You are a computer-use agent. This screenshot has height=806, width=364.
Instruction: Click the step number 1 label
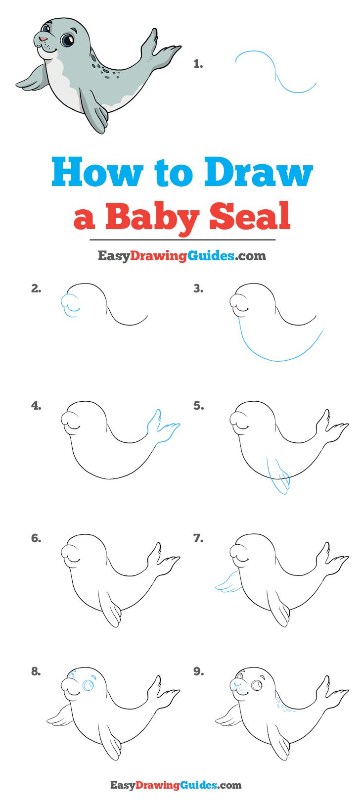[198, 64]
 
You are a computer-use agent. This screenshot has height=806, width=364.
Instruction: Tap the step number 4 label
[36, 406]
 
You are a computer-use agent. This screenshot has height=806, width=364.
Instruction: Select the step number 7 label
[198, 539]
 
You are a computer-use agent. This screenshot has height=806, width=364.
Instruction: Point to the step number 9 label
[198, 671]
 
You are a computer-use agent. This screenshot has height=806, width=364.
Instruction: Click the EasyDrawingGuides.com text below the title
[182, 256]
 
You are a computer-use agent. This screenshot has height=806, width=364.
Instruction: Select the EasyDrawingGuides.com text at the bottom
[182, 784]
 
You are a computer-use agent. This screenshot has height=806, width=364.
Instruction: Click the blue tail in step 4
[163, 427]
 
